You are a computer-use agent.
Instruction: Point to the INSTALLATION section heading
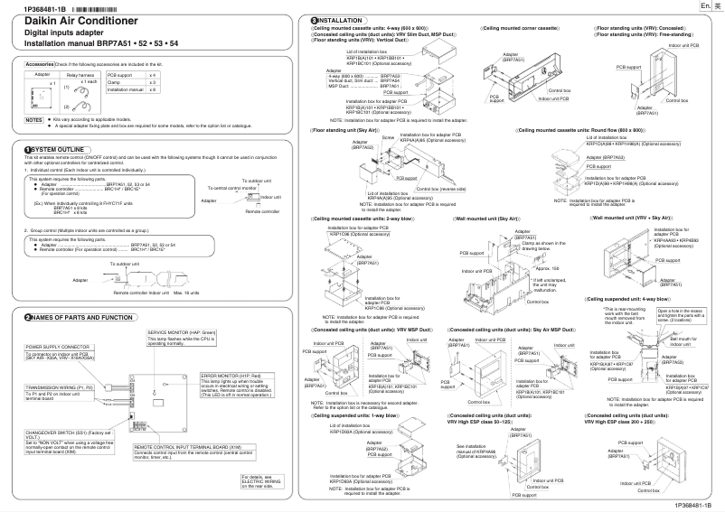coord(339,20)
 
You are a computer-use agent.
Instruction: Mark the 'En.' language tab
coord(703,5)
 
